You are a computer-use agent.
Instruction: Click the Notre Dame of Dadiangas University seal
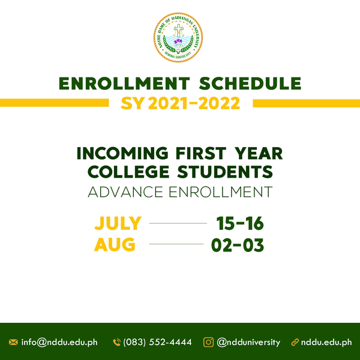178,37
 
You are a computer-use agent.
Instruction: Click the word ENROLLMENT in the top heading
124,83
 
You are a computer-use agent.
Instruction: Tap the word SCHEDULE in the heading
250,83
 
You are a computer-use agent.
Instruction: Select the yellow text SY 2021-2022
181,103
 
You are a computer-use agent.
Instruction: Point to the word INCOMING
122,153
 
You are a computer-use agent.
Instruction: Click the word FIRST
201,153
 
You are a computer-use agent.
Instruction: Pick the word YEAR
259,153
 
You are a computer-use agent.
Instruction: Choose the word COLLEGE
128,172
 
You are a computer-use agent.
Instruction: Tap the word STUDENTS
225,172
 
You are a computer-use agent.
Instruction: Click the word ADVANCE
125,192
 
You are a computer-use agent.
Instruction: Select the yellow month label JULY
118,223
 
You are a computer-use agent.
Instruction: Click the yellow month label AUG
115,245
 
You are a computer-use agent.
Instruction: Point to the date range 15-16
240,223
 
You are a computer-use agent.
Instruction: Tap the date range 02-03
238,245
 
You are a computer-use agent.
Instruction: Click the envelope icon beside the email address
13,343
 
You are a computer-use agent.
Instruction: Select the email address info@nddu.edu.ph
59,343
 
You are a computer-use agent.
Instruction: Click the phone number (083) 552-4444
157,343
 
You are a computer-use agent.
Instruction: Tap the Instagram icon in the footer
208,343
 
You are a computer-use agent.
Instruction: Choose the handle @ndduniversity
248,343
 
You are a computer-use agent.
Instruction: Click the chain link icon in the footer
295,343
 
